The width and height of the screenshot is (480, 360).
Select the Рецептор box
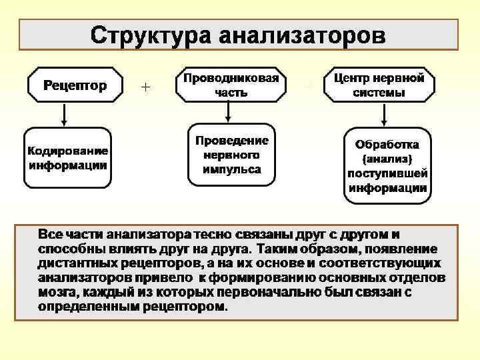click(x=75, y=85)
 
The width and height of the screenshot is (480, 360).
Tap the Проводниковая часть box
click(x=231, y=85)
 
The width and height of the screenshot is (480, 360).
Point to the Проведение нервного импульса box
click(x=231, y=155)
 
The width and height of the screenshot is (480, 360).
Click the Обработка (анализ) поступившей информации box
click(x=387, y=165)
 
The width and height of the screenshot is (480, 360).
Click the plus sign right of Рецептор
click(x=146, y=86)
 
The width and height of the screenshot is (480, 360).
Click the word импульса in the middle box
click(x=231, y=169)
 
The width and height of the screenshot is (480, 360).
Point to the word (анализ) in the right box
click(x=387, y=159)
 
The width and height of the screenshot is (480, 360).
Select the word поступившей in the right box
click(x=387, y=173)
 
